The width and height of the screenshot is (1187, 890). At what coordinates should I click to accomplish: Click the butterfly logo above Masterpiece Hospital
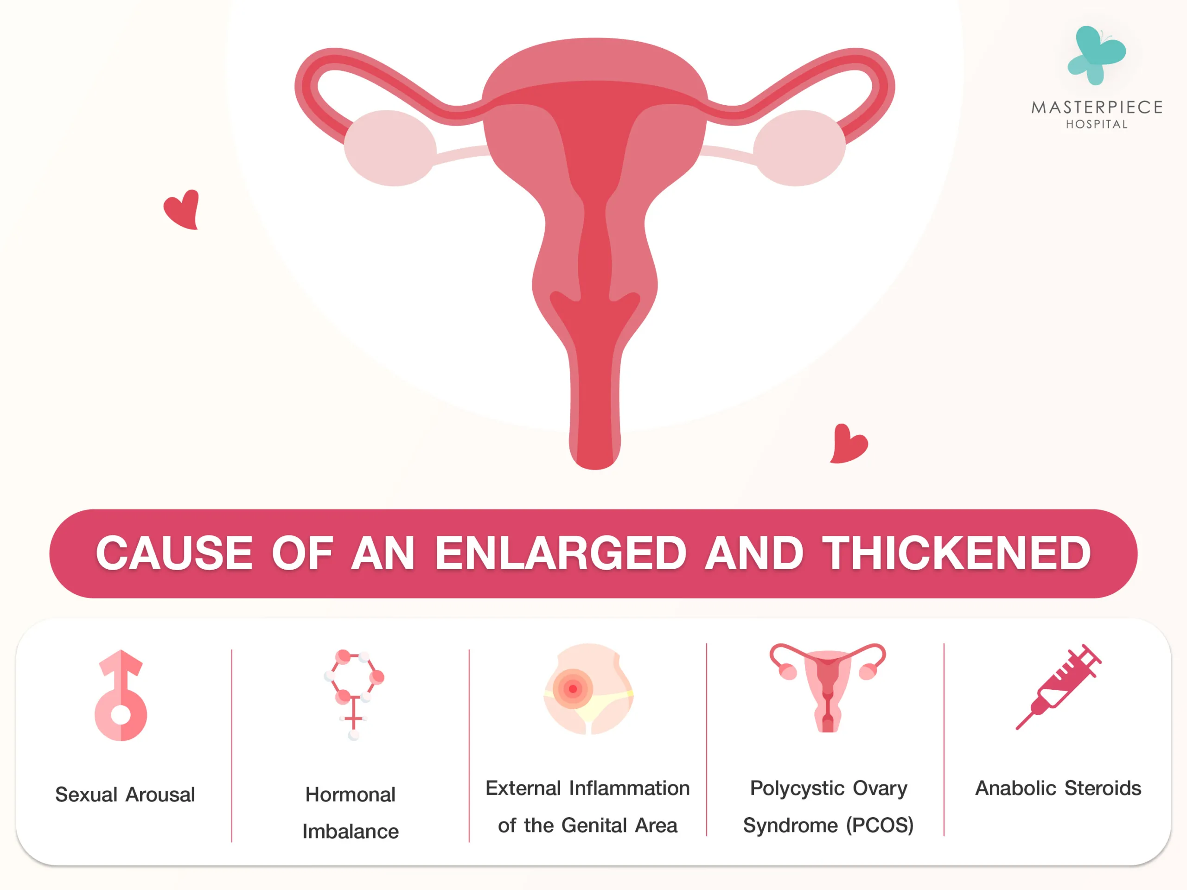(1096, 55)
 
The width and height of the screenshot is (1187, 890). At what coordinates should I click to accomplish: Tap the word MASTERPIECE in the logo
(1097, 107)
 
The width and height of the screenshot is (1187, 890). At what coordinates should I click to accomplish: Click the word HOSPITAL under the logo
(1097, 124)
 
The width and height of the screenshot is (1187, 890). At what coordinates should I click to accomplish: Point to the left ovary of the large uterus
(390, 148)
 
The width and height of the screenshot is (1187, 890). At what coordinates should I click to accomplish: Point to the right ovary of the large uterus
(799, 148)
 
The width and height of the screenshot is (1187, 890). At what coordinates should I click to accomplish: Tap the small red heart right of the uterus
(849, 444)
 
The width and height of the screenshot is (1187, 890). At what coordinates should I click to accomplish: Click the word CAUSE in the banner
(174, 553)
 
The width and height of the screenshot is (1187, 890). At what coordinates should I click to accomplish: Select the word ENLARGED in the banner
(561, 553)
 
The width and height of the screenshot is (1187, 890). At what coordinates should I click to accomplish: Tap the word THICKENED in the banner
(957, 553)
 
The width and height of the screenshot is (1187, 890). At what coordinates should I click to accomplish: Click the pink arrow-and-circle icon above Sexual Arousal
(121, 695)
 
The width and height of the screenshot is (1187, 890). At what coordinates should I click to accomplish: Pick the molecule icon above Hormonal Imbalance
(354, 695)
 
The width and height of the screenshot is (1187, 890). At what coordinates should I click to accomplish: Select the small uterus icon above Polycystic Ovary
(828, 688)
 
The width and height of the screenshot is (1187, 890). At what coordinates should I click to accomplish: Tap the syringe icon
(1058, 687)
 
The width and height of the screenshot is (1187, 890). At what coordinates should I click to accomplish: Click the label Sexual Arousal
(125, 795)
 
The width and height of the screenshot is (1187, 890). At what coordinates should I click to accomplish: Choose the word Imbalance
(351, 832)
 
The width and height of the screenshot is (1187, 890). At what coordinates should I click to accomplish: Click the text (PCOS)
(880, 825)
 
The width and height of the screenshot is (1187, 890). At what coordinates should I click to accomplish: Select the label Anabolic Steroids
(1058, 788)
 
